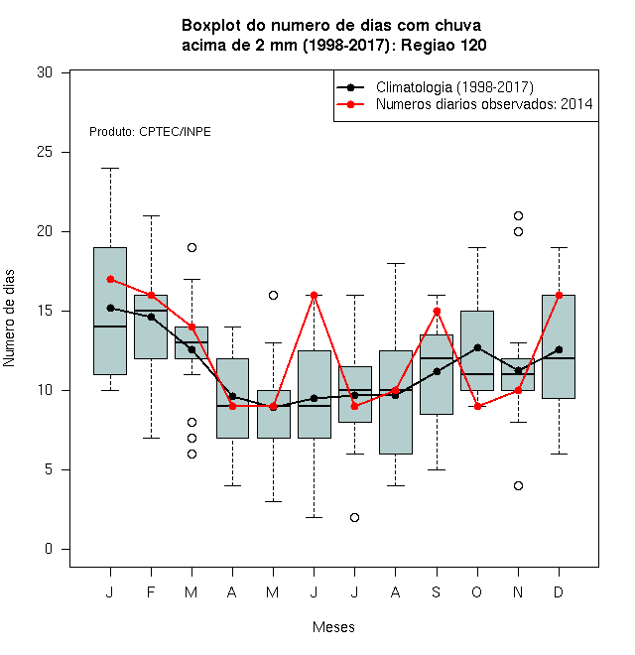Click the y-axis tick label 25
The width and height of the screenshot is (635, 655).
pos(45,152)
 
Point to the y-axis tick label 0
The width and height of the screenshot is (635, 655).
pos(49,549)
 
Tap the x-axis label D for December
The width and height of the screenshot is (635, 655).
pos(559,591)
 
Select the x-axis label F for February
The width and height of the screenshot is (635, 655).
pos(151,591)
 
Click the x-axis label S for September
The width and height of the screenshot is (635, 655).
pos(437,591)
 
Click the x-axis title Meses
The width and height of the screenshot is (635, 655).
pos(333,627)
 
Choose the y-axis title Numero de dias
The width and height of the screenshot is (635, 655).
pos(9,319)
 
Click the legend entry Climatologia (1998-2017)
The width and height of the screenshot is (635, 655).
pos(454,87)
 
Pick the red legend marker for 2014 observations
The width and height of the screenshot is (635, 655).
pos(351,104)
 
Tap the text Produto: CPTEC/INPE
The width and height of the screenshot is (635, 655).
pos(150,132)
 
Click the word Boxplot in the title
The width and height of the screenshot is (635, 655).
pos(211,26)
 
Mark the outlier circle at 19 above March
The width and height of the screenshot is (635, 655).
pos(191,248)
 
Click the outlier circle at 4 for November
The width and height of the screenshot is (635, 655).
pos(518,485)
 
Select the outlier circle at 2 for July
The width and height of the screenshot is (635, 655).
pos(354,517)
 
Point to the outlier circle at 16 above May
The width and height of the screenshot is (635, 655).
pos(273,296)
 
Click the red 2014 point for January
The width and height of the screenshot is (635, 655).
pos(110,279)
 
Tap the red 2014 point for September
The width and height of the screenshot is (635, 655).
pos(437,312)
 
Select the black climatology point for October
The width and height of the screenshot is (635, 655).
pos(477,347)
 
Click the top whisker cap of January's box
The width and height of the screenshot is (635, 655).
pos(110,169)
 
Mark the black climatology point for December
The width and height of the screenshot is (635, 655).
pos(559,349)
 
